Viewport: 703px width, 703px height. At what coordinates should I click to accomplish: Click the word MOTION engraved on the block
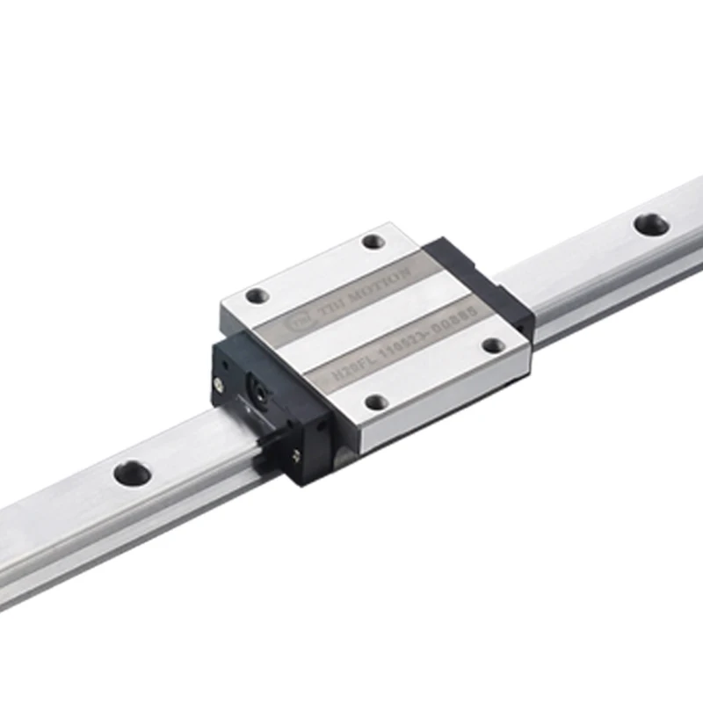[x=375, y=286]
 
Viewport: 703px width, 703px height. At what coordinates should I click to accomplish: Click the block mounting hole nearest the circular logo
[x=255, y=296]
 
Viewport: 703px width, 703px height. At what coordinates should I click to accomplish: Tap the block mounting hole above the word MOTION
[x=373, y=241]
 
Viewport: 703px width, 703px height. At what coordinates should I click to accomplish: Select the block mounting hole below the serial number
[x=376, y=402]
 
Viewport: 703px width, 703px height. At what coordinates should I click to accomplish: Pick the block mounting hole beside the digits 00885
[x=494, y=344]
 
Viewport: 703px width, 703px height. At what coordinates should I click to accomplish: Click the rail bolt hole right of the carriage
[x=650, y=224]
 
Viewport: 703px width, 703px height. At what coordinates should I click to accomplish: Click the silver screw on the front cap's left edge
[x=217, y=383]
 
